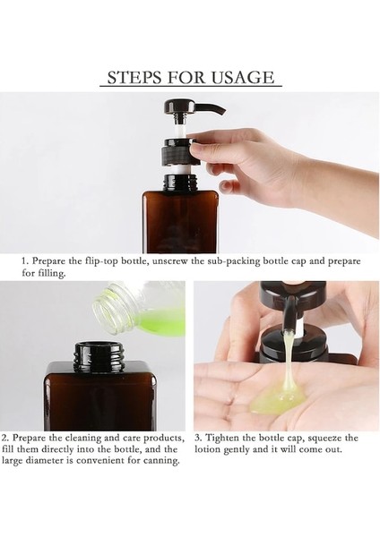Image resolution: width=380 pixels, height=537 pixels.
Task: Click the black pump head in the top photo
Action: click(x=191, y=108)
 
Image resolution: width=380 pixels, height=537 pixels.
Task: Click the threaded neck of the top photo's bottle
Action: click(x=179, y=183)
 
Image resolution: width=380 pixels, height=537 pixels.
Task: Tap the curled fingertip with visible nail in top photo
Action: click(x=226, y=188)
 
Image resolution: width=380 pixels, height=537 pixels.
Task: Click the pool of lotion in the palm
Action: click(x=278, y=397)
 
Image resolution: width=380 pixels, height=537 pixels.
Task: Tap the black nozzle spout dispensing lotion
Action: click(x=288, y=314)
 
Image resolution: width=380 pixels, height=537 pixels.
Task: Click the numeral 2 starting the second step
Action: click(x=4, y=438)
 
